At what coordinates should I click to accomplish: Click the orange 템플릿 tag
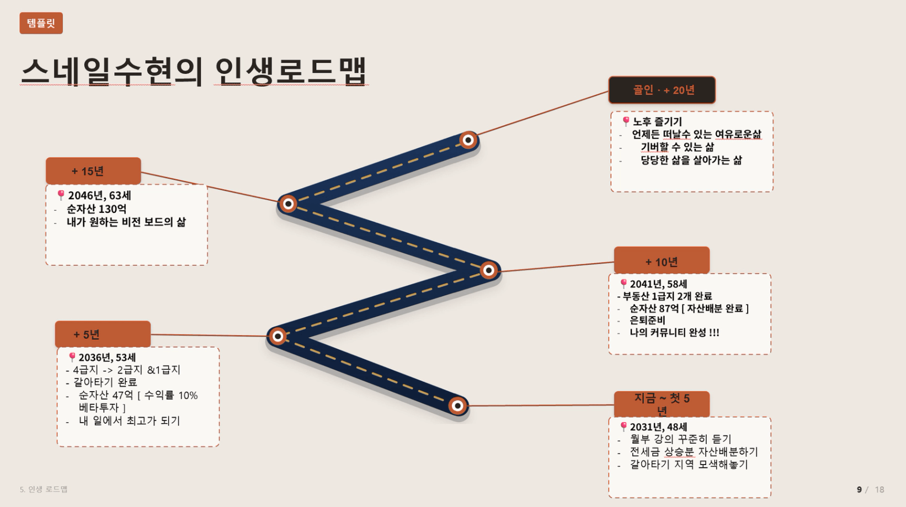pos(41,23)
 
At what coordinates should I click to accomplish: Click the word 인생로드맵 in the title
pos(291,71)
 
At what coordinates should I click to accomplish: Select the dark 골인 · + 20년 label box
pos(662,90)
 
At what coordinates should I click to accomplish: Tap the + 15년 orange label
pos(93,171)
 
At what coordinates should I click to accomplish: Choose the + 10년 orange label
pos(662,261)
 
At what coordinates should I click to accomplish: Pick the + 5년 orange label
pos(103,334)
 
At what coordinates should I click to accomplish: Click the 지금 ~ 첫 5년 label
pos(662,404)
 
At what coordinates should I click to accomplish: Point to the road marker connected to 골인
pos(468,140)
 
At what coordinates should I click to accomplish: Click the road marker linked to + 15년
pos(289,204)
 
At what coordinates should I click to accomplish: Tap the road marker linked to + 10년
pos(489,270)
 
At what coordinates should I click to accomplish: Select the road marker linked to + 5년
pos(278,337)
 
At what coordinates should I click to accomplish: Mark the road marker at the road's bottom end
pos(457,405)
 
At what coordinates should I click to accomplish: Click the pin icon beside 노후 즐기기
pos(626,121)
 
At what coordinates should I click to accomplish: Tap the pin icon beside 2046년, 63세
pos(61,195)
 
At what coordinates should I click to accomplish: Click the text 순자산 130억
pos(96,209)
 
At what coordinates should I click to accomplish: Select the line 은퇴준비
pos(647,320)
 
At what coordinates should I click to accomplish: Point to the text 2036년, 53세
pos(107,357)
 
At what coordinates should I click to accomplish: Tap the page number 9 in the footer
pos(859,489)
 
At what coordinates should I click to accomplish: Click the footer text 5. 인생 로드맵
pos(44,489)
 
